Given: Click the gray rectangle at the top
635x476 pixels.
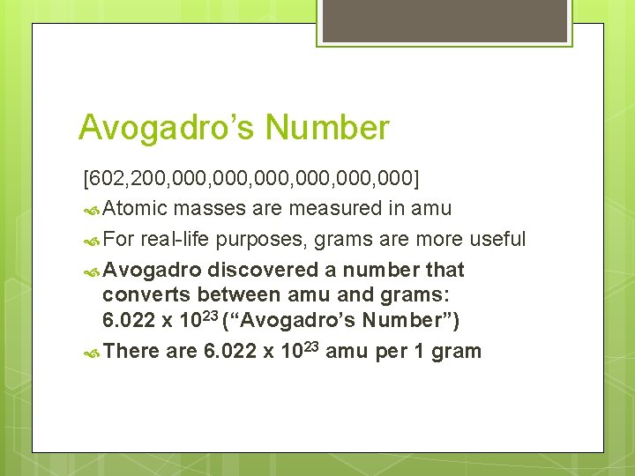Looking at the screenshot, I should [444, 20].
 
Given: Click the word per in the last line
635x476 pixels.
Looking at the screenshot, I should [391, 353].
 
